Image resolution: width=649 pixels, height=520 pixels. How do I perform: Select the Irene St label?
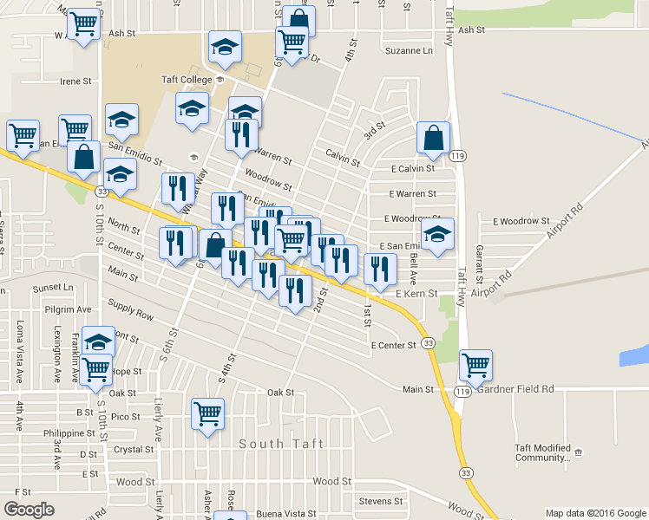pos(75,81)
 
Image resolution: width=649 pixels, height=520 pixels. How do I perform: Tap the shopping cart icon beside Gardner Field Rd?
pos(475,365)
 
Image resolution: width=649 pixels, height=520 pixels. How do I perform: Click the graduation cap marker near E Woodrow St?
pos(437,234)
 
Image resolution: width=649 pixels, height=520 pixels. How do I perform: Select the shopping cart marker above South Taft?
pos(208,413)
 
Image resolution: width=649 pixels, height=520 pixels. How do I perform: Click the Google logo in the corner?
pos(29,510)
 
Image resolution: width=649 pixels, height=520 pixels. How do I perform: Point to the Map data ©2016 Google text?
pos(594,513)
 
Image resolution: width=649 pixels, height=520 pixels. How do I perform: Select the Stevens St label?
pos(381,501)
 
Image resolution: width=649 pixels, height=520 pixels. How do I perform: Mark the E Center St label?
pos(394,346)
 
